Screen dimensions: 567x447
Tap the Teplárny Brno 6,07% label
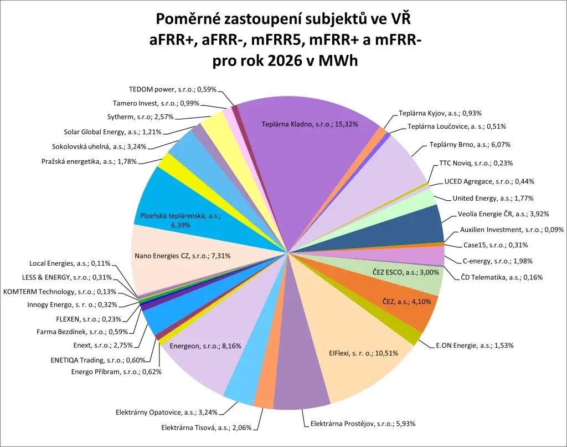point(470,145)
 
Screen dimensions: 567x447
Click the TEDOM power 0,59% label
point(173,89)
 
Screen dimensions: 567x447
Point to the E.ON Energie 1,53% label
point(475,345)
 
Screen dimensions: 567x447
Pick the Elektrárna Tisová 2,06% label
point(206,428)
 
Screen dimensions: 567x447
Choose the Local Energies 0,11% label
point(70,264)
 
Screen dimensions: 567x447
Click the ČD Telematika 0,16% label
point(502,277)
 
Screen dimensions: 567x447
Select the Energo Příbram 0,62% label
point(116,372)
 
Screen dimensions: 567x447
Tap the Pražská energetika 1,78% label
point(89,161)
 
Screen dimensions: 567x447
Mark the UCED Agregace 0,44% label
point(489,181)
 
